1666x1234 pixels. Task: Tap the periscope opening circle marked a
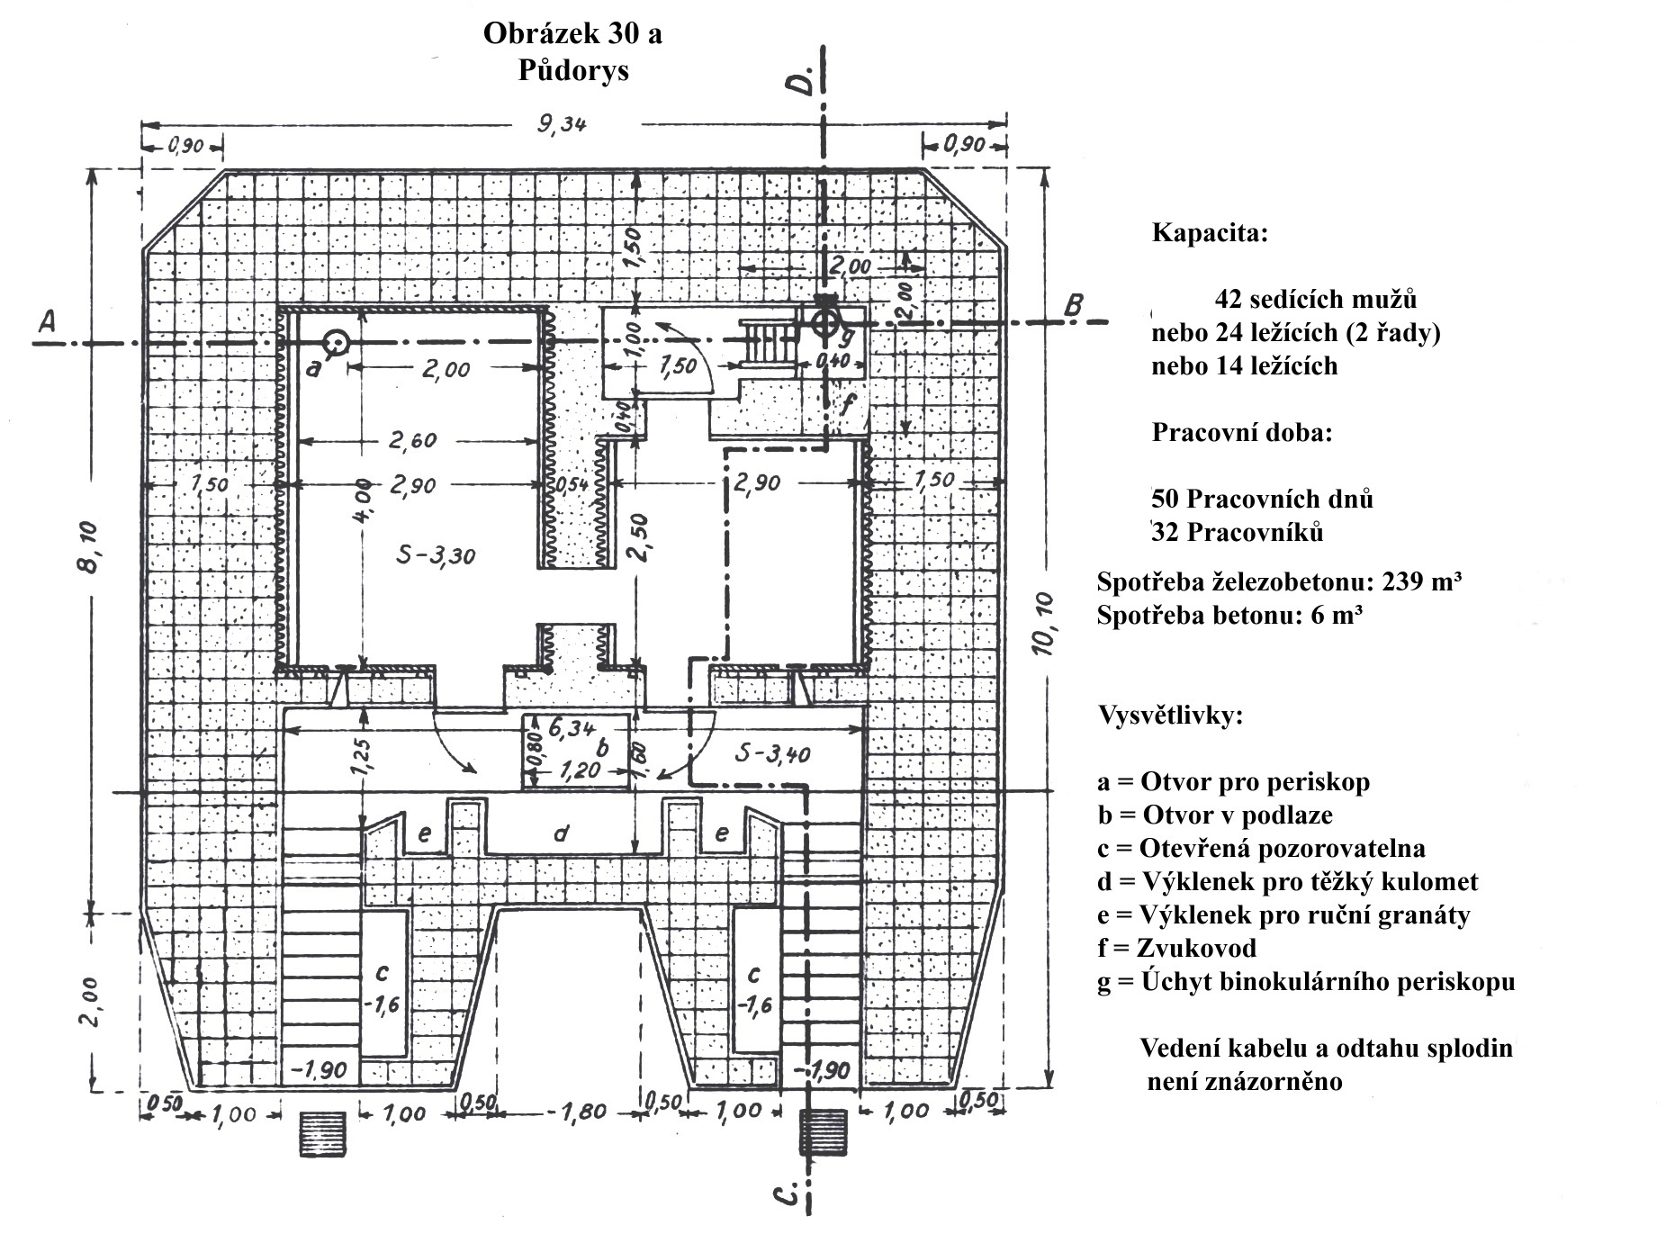337,342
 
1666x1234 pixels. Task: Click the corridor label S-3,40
772,752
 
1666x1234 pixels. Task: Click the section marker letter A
48,321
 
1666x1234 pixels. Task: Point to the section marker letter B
1073,305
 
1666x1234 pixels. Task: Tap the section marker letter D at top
799,79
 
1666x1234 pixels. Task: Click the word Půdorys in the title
573,70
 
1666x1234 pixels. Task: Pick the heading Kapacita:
1210,233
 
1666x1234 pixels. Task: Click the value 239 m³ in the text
1419,581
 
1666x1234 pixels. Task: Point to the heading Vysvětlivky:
1170,717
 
